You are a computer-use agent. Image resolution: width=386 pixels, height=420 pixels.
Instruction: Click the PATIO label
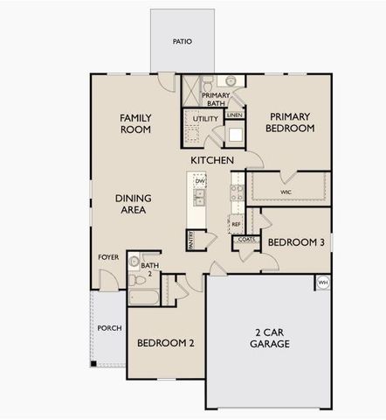coord(182,41)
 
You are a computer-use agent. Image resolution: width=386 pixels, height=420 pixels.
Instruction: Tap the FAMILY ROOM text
coord(135,122)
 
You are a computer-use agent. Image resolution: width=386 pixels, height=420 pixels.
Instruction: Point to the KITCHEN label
coord(212,161)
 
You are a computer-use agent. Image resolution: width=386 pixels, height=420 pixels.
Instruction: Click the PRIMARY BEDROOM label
coord(290,122)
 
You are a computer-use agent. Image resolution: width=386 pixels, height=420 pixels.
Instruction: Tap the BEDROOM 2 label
coord(165,343)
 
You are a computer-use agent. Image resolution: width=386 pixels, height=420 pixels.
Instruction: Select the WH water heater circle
coord(322,283)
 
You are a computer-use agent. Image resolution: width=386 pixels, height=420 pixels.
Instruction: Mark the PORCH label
coord(109,328)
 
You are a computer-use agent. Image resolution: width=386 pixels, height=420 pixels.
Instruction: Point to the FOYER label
coord(108,258)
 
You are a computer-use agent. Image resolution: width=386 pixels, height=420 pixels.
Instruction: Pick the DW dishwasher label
coord(199,181)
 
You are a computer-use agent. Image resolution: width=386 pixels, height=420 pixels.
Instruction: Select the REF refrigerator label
coord(236,224)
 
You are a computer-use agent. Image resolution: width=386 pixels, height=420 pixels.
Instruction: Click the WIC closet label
coord(286,190)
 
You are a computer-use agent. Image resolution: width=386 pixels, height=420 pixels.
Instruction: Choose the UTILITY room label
coord(206,118)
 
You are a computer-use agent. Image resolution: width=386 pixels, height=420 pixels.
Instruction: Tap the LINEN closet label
coord(234,115)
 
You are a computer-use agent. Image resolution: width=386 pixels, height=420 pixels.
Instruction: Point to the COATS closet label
coord(245,238)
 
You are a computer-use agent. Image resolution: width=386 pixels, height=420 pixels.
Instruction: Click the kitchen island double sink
coord(199,197)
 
